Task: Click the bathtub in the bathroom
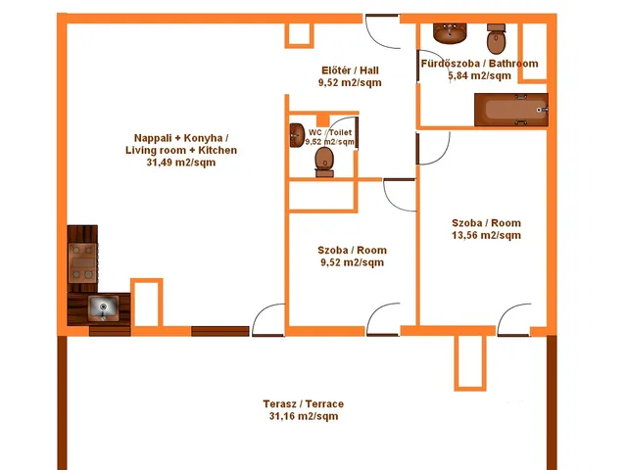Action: (511, 110)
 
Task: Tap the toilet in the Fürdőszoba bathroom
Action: (497, 39)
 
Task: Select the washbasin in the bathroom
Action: (450, 33)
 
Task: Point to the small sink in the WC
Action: (297, 135)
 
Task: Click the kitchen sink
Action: (103, 307)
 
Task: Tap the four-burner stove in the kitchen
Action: (82, 262)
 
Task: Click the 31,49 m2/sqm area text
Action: (181, 163)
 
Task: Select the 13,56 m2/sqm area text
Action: (486, 235)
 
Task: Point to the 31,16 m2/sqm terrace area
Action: (304, 416)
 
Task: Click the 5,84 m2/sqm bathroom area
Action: (479, 76)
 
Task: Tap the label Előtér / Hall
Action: (350, 70)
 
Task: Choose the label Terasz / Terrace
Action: (304, 404)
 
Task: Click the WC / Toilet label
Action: (330, 132)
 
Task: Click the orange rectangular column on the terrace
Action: (470, 362)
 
